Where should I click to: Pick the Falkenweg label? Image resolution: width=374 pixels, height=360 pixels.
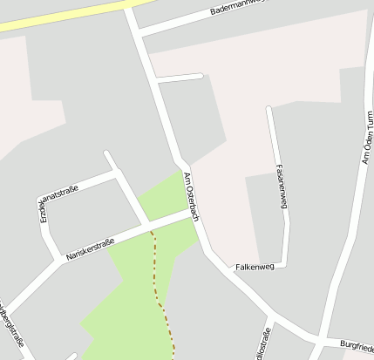(x=255, y=267)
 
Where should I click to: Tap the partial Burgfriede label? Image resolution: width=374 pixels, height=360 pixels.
(x=357, y=345)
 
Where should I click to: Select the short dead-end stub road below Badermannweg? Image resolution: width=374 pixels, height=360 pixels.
(x=179, y=78)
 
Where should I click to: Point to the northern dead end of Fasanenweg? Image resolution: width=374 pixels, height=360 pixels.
(x=269, y=109)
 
